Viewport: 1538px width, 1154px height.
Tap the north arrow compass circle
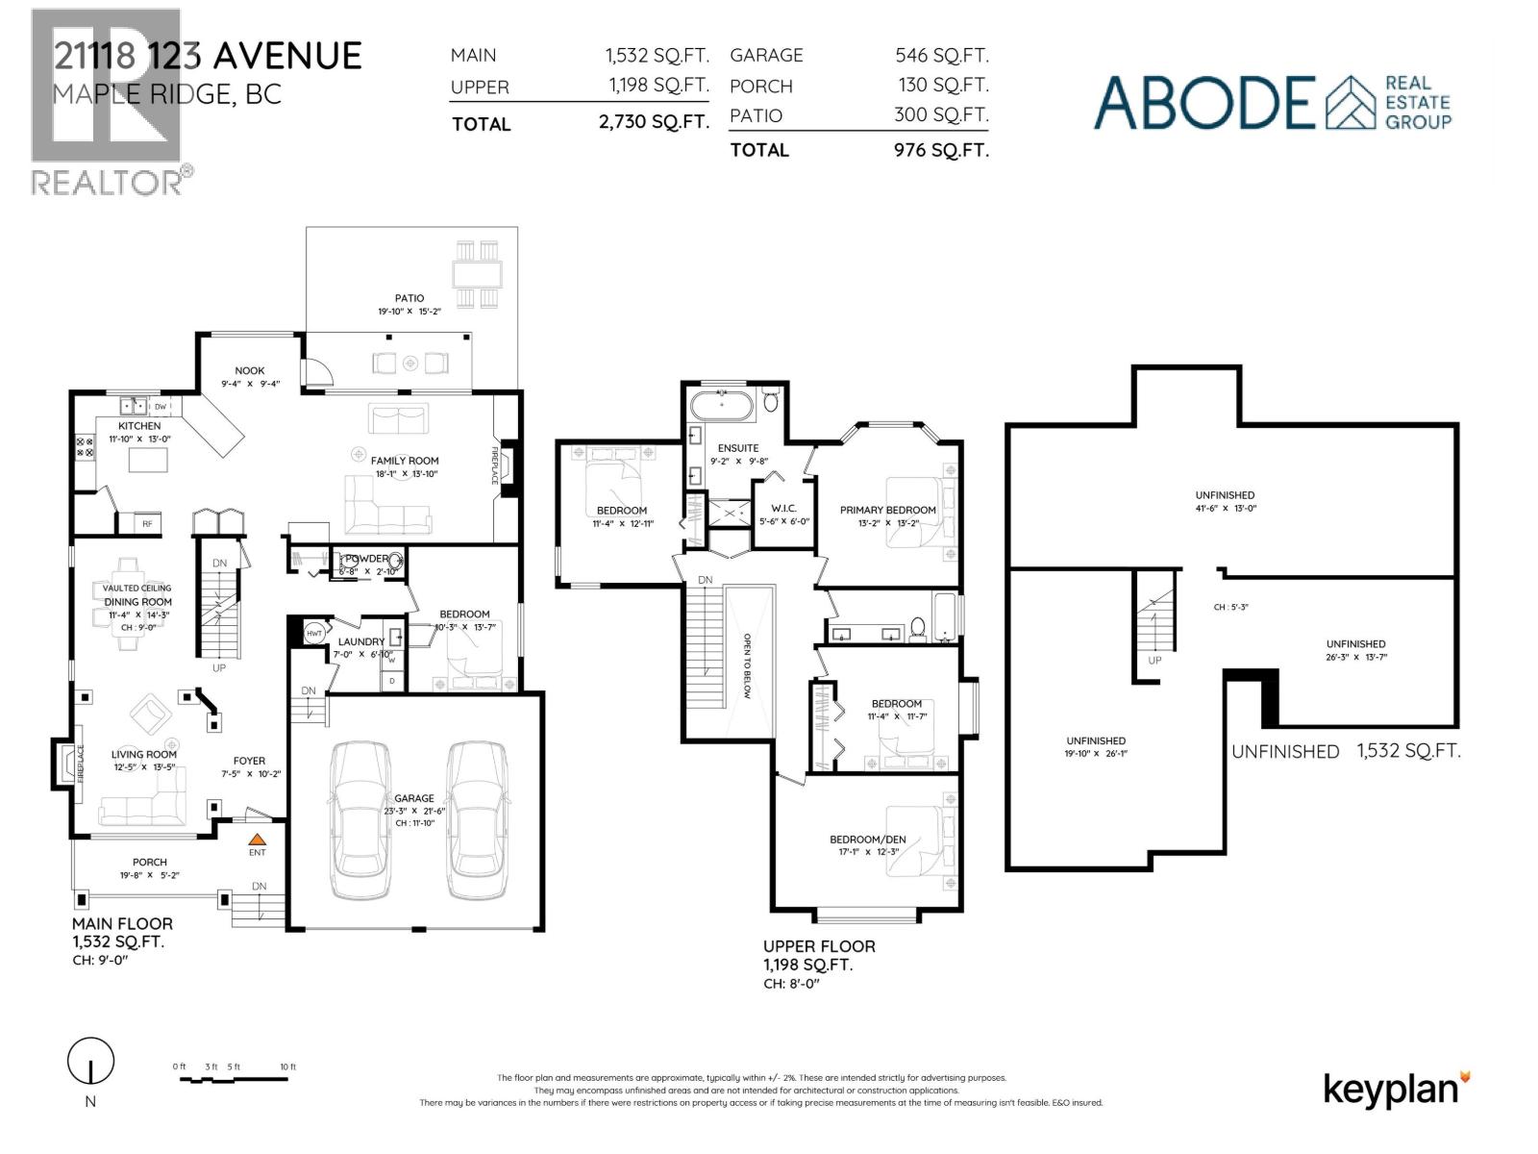90,1062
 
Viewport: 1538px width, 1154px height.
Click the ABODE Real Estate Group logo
1272,102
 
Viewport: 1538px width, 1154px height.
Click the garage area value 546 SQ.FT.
941,56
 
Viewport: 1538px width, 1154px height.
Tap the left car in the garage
360,819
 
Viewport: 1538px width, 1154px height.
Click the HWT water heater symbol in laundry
313,634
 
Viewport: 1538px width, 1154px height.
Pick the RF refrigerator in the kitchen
147,524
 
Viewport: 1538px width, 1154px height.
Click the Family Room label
405,461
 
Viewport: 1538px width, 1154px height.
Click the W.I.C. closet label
784,509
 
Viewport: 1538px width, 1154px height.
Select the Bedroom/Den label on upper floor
868,840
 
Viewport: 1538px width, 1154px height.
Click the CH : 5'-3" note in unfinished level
1230,607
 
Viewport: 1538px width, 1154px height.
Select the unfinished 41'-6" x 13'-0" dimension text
1225,508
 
